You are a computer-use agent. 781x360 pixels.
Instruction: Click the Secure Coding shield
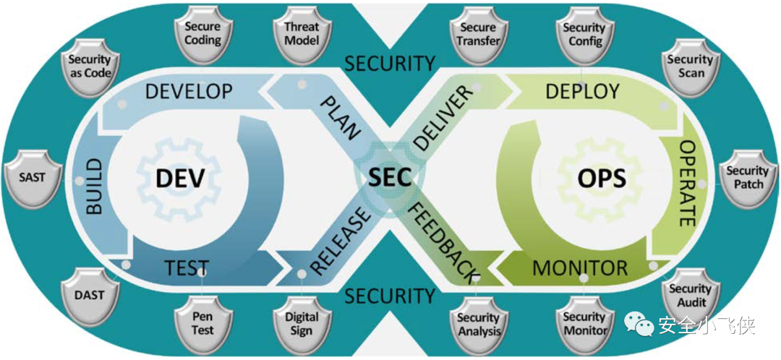[202, 33]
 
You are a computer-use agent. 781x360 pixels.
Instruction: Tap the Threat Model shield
[302, 33]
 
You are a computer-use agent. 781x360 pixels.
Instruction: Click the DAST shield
[89, 295]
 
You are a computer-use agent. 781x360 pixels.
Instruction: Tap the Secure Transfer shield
[479, 33]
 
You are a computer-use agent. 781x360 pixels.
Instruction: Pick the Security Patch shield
[747, 177]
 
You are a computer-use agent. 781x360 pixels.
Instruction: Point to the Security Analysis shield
[479, 323]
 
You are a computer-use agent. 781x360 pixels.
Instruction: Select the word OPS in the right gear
[601, 178]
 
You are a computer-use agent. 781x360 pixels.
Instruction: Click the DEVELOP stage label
[189, 91]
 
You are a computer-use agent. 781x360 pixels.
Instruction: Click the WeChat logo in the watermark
[641, 326]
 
